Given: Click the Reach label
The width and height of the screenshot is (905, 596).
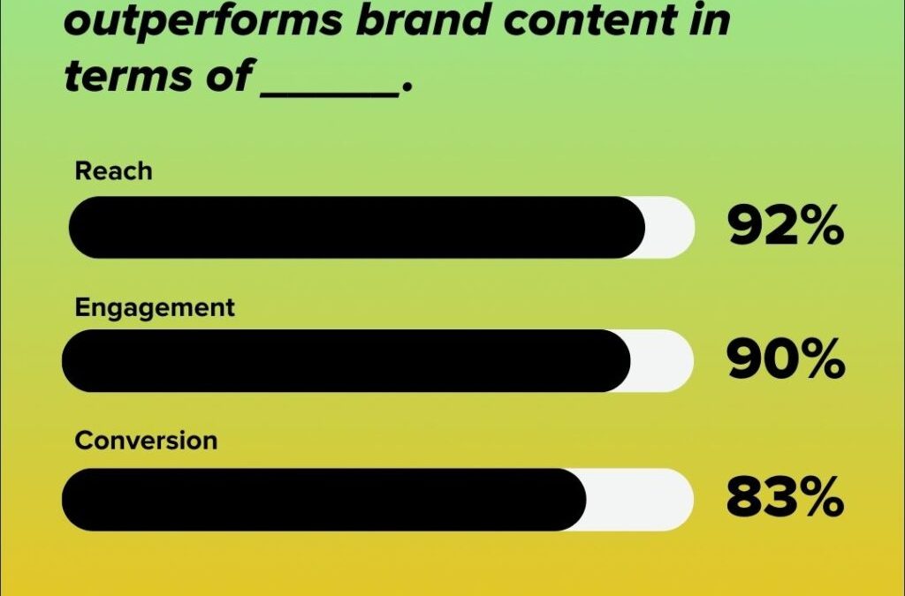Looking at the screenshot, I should point(113,170).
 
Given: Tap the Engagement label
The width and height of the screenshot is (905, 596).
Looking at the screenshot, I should point(155,308).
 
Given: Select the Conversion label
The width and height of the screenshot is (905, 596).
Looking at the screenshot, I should point(146,441).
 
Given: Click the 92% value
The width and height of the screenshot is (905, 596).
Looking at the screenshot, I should point(785,228).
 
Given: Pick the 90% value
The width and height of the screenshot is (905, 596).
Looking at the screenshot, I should point(785,361).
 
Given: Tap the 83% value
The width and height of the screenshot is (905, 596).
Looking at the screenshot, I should point(785,500).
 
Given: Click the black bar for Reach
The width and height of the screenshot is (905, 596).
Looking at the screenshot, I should point(354,228).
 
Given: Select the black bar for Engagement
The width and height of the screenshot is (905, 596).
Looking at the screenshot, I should point(345,361).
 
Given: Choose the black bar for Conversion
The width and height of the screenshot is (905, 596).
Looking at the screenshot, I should point(323,500).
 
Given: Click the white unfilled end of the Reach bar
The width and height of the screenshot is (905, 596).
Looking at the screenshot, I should point(671,228).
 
